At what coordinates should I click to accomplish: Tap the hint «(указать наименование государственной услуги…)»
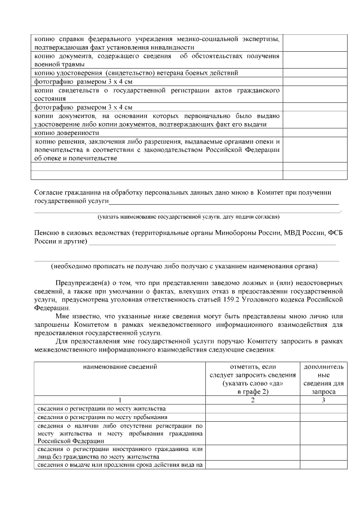click(x=188, y=217)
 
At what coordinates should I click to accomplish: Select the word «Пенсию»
click(x=47, y=233)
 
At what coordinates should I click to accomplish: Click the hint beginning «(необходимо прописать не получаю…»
click(x=184, y=266)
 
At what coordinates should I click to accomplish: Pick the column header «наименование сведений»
click(x=118, y=366)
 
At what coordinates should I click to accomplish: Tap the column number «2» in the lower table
click(x=252, y=400)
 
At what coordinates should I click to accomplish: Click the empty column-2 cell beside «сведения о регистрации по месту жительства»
click(x=252, y=409)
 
